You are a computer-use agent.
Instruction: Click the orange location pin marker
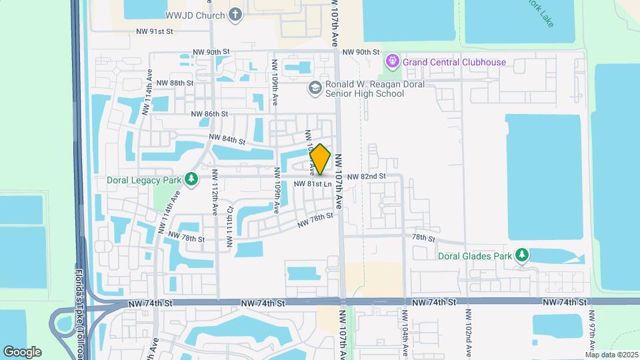(x=321, y=159)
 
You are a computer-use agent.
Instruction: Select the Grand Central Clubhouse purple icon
(x=393, y=62)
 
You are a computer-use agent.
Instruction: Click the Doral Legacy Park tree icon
(x=191, y=180)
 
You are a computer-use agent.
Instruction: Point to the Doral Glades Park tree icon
(x=523, y=255)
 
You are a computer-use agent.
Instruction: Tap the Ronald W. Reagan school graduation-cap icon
(x=314, y=87)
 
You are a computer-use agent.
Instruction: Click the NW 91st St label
(x=154, y=31)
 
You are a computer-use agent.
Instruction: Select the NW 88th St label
(x=173, y=83)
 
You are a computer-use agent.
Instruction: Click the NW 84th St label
(x=227, y=139)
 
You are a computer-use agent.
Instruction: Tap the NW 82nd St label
(x=365, y=176)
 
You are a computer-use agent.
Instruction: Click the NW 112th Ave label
(x=215, y=192)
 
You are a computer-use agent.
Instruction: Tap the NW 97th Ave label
(x=590, y=330)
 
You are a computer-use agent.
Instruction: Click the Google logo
(x=22, y=351)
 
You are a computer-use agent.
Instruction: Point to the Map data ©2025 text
(x=612, y=354)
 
